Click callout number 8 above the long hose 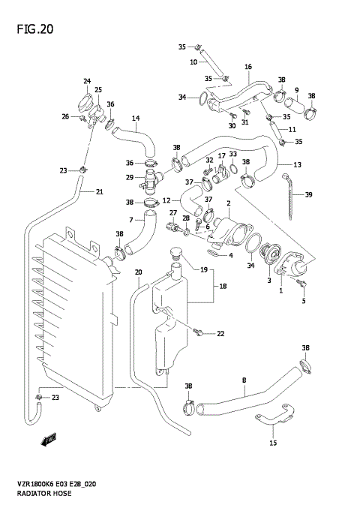click(244, 381)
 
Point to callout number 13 click(298, 164)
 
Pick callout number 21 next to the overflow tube click(99, 192)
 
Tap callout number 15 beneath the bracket click(273, 443)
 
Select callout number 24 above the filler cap click(87, 81)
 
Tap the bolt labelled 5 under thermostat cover click(302, 283)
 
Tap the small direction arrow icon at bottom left click(50, 440)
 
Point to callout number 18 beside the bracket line click(223, 286)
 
